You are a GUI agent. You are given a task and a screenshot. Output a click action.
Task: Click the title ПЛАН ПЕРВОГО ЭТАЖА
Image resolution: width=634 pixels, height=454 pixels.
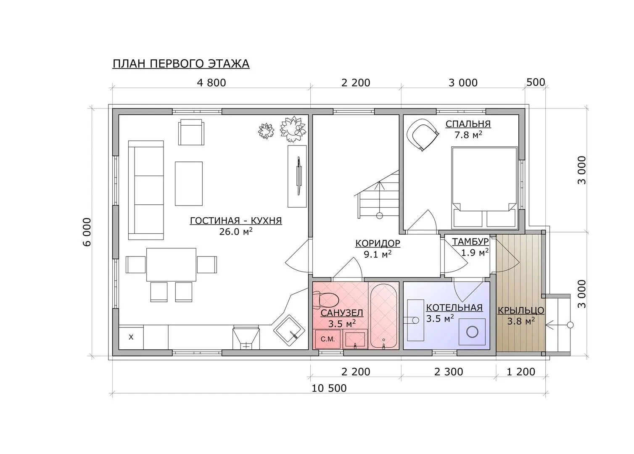[181, 64]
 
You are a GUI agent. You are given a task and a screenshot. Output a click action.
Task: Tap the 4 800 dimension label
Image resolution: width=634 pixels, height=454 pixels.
[211, 83]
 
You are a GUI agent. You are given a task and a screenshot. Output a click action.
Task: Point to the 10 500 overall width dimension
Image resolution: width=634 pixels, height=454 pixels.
[329, 388]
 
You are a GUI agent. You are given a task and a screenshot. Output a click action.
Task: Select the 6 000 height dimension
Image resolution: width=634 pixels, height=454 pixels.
[87, 232]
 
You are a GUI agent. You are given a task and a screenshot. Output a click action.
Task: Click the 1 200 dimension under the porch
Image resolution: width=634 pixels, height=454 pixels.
[521, 372]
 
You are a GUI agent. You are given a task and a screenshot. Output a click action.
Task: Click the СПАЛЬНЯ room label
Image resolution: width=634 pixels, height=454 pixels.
[468, 124]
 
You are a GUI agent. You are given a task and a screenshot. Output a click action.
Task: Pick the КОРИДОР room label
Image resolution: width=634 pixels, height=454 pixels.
[378, 243]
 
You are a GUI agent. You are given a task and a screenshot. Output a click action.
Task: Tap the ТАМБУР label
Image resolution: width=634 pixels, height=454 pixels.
[470, 241]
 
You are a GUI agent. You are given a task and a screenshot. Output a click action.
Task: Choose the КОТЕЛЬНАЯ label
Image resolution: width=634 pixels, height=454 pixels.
[454, 308]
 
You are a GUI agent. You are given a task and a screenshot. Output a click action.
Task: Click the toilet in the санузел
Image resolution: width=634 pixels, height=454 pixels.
[326, 300]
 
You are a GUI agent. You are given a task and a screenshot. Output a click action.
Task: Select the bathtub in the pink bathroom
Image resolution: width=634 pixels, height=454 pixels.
[383, 316]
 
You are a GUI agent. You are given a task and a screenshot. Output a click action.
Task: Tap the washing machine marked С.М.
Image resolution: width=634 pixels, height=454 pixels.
[328, 339]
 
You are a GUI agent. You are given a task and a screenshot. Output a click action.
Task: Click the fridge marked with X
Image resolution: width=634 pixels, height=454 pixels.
[131, 337]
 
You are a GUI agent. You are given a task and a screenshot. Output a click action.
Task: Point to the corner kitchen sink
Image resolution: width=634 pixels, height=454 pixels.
[289, 330]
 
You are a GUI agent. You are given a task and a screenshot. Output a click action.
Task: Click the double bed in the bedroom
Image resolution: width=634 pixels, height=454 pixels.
[484, 187]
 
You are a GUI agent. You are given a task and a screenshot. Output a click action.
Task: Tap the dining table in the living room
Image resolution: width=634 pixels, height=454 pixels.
[171, 265]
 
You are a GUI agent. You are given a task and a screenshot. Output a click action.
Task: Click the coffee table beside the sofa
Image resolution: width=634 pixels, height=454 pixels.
[188, 184]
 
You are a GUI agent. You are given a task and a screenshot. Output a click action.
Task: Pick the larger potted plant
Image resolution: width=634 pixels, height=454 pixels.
[293, 129]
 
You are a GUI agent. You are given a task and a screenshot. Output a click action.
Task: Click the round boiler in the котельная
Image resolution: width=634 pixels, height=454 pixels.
[472, 332]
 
